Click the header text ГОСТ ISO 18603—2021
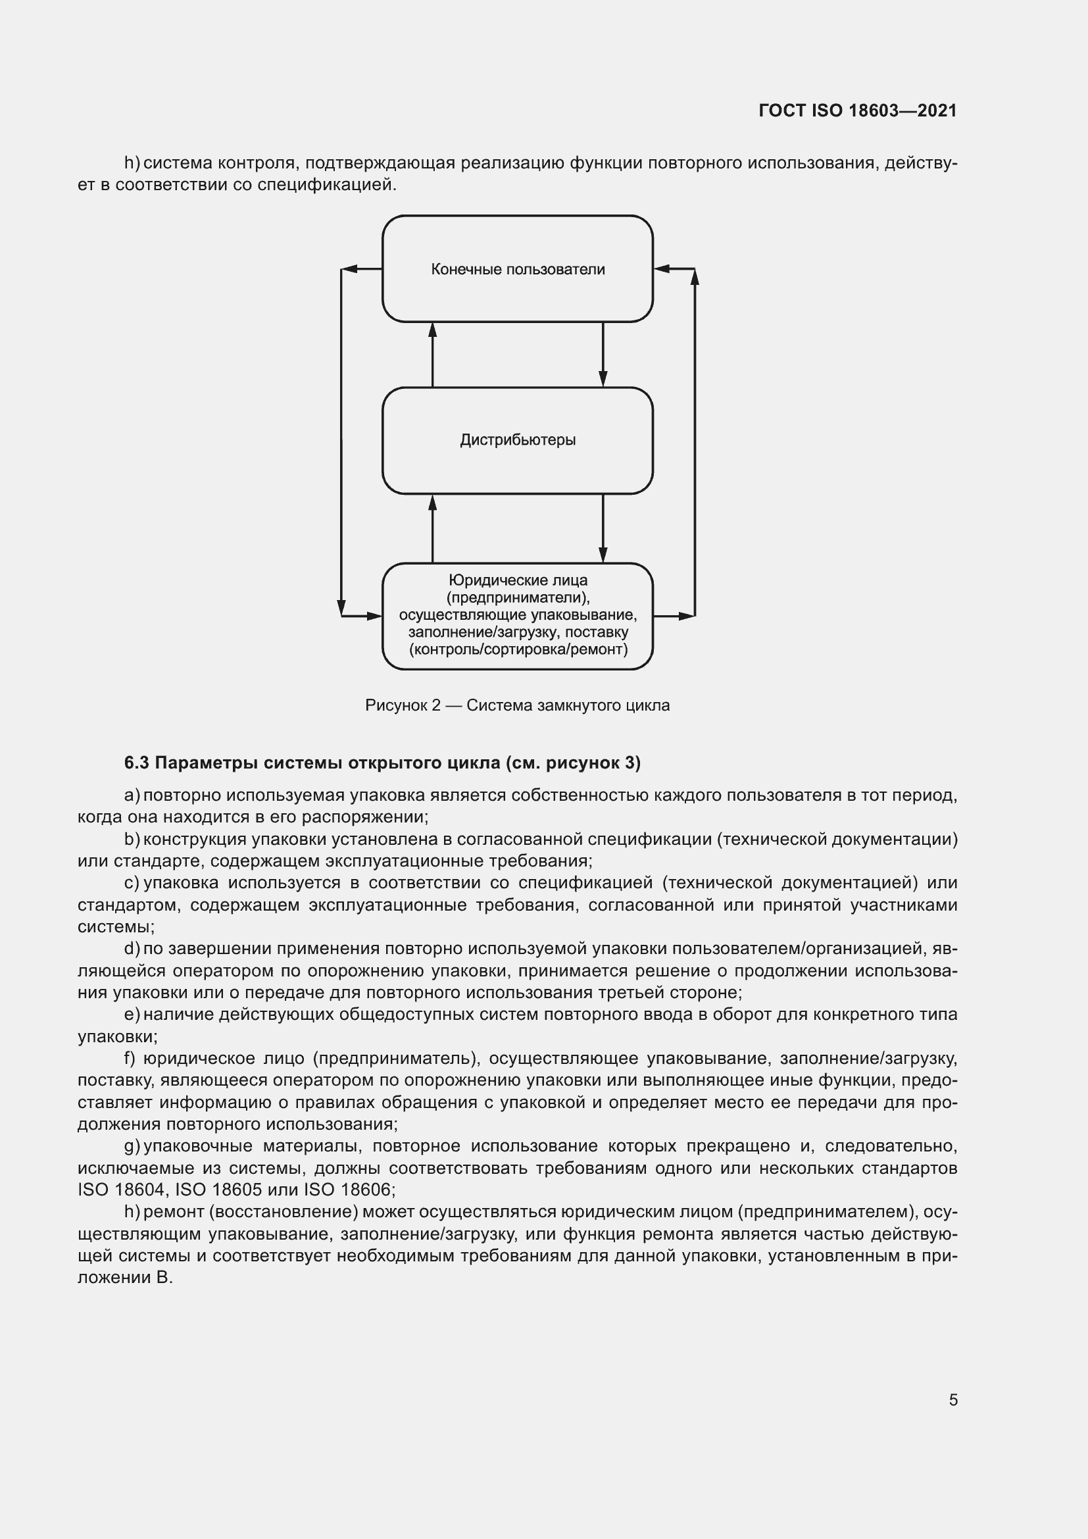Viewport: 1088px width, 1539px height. point(857,111)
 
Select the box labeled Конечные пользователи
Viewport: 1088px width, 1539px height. point(517,269)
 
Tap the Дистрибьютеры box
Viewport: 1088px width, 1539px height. point(517,440)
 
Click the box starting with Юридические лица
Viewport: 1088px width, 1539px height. point(517,615)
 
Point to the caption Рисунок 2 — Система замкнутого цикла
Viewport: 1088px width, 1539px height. point(517,705)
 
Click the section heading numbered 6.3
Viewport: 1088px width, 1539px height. point(382,763)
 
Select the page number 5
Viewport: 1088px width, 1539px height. point(952,1400)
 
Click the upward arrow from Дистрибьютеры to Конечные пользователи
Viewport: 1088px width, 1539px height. point(432,355)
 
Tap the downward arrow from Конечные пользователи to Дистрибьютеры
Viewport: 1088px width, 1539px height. point(603,355)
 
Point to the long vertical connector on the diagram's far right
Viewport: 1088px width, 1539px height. point(695,442)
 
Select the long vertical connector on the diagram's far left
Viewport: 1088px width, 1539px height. point(341,442)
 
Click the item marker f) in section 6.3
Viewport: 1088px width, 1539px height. point(130,1059)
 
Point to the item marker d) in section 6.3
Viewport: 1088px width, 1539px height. point(132,949)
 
